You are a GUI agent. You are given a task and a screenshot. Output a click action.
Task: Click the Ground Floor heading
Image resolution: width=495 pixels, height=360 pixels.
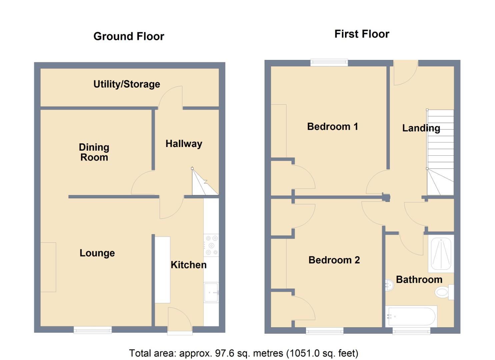tap(129, 36)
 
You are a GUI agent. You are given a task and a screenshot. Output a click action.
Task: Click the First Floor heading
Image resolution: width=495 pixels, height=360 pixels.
tap(362, 34)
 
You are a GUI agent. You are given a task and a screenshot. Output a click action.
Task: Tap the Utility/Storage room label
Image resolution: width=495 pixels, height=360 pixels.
tap(127, 84)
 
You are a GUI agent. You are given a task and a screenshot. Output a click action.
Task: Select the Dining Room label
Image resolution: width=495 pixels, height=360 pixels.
tap(94, 152)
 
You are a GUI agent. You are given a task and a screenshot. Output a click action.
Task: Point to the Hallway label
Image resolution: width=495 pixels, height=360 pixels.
tap(184, 144)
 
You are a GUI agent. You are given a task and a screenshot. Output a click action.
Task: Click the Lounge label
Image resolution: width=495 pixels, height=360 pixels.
tap(97, 253)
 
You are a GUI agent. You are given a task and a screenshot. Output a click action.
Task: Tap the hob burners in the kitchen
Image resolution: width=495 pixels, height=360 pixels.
tap(211, 245)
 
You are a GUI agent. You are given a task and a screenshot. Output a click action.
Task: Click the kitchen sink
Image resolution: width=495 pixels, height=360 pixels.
tap(211, 292)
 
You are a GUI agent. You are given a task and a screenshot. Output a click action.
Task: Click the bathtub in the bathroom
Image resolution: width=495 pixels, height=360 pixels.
tap(411, 316)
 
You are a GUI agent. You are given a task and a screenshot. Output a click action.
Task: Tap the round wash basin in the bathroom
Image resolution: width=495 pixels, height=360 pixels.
tap(389, 285)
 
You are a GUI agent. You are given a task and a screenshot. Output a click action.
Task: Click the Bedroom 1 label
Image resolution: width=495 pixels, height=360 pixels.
tap(332, 127)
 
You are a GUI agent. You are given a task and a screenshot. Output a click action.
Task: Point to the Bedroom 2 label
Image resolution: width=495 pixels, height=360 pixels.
tap(334, 260)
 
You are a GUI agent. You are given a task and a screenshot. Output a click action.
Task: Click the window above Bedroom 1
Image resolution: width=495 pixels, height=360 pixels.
tap(329, 62)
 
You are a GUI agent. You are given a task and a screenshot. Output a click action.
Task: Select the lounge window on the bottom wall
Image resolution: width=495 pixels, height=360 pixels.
tap(93, 330)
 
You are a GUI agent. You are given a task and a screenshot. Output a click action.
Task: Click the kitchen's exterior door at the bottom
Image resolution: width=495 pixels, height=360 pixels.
tap(180, 322)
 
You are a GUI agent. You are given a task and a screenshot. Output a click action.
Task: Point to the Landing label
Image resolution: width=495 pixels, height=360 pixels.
tap(421, 128)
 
